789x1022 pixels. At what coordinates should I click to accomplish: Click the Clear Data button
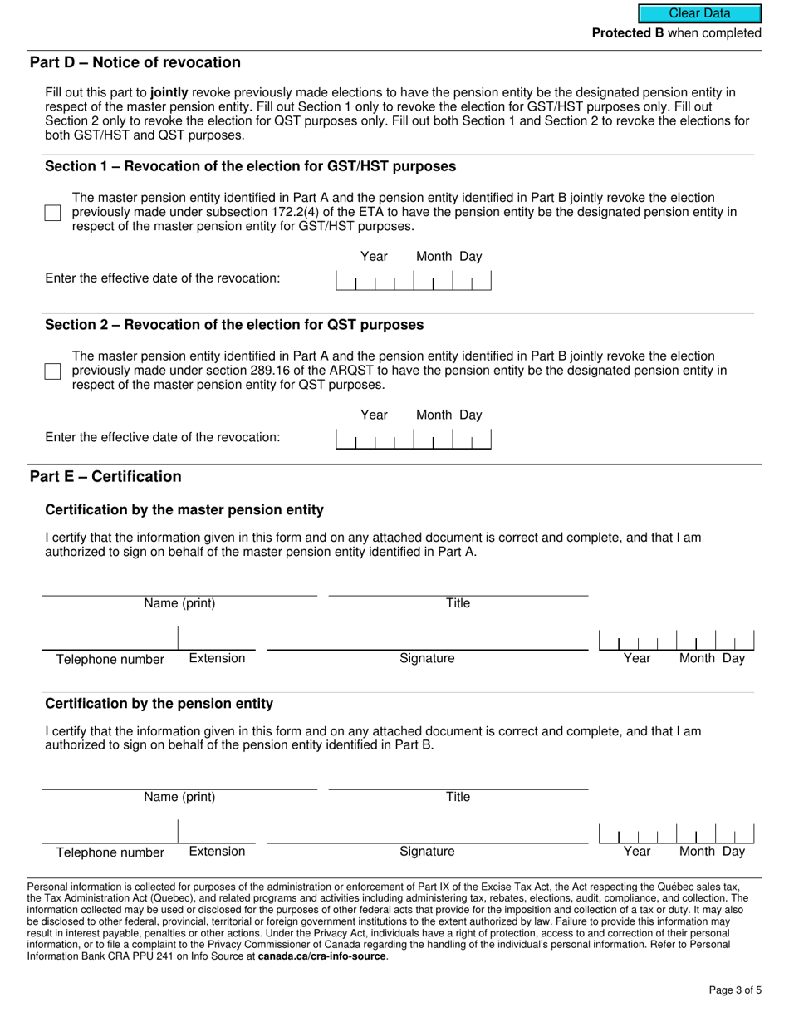(699, 13)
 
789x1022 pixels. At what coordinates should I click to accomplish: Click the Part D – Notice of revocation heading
(135, 63)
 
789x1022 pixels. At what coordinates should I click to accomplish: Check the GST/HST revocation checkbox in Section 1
(53, 213)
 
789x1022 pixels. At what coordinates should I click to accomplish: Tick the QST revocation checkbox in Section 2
(53, 371)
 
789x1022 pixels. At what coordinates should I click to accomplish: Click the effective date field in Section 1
(413, 281)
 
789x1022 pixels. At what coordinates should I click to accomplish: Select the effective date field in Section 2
(413, 439)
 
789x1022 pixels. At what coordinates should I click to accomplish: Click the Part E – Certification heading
(105, 477)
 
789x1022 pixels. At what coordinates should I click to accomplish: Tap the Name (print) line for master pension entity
(179, 587)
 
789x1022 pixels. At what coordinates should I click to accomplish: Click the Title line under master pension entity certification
(458, 587)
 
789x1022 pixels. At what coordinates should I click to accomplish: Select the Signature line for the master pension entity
(427, 640)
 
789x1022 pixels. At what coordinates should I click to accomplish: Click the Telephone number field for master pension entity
(110, 640)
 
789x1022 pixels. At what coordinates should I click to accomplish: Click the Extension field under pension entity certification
(218, 833)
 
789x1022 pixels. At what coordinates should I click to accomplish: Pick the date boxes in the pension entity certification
(676, 833)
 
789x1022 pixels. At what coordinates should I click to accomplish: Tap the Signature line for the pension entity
(427, 833)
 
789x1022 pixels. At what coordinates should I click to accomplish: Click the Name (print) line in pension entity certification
(179, 779)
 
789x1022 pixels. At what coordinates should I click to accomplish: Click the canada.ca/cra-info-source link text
(321, 956)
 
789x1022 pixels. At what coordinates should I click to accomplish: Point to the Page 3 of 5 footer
(735, 990)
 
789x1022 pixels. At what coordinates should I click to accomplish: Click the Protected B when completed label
(676, 33)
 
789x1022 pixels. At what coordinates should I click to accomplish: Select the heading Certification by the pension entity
(159, 704)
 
